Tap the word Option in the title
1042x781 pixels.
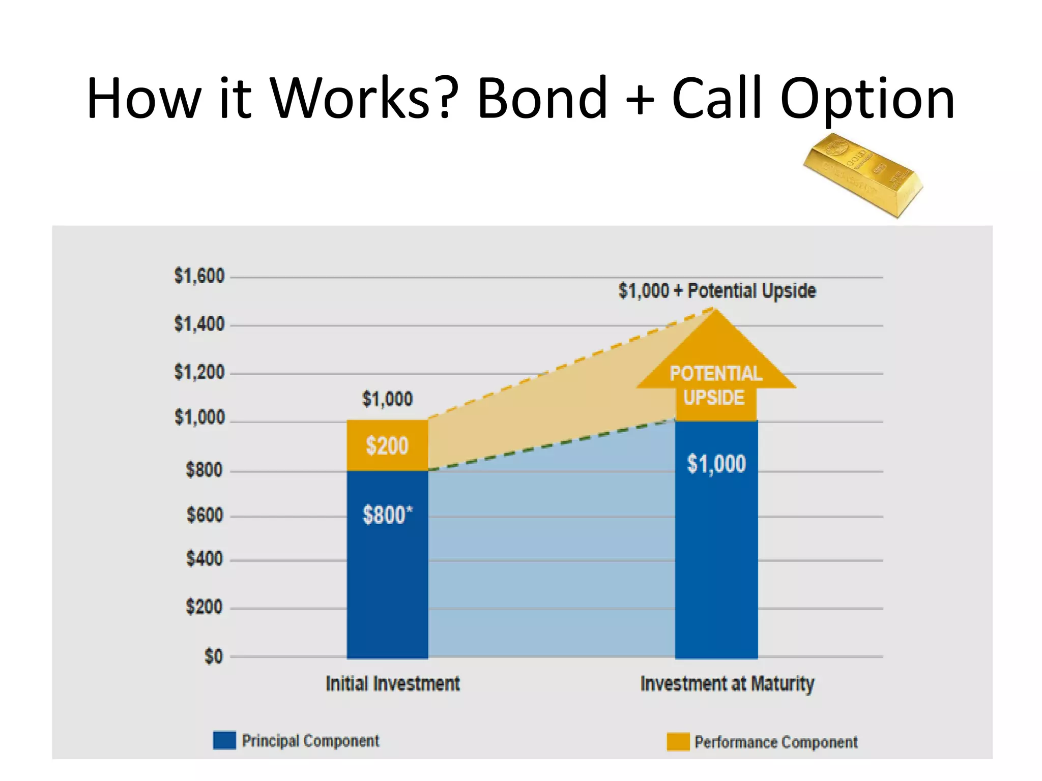(867, 99)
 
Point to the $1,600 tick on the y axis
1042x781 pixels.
(199, 276)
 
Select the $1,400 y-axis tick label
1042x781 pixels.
(199, 324)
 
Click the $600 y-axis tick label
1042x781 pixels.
(205, 515)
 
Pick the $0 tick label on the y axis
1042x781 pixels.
(213, 656)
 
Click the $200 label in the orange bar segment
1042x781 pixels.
(387, 446)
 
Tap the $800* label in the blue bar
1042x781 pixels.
(387, 515)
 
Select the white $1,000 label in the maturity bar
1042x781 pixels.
(716, 464)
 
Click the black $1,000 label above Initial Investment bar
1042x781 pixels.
(387, 399)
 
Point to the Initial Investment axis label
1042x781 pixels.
(392, 684)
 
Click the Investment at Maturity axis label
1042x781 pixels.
(727, 684)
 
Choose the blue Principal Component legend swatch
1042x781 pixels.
(224, 740)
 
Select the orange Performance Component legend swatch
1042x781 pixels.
(678, 742)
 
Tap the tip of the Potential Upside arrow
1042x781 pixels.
(716, 310)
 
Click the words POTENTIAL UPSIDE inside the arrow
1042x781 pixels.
(715, 385)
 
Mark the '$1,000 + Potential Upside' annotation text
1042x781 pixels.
(717, 291)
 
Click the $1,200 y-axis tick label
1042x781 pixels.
(199, 372)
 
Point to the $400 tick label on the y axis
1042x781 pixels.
(205, 559)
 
